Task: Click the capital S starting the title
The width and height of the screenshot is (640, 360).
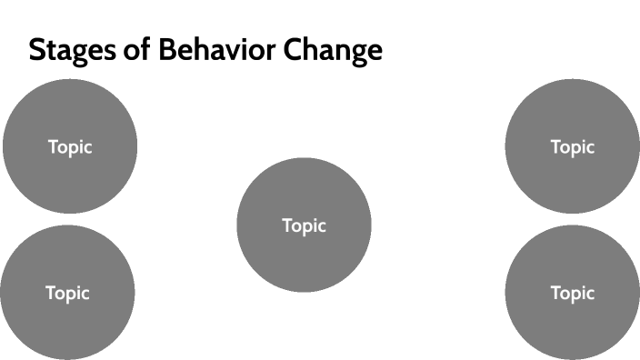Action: [37, 50]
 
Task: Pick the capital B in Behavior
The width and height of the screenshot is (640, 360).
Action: [166, 50]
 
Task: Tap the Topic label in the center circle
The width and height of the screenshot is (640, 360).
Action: [304, 225]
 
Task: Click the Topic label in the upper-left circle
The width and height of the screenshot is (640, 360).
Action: [70, 146]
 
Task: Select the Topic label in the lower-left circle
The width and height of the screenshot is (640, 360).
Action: [67, 293]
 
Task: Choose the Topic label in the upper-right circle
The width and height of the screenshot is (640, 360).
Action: [573, 146]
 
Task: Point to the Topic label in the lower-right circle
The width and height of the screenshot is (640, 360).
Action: [573, 293]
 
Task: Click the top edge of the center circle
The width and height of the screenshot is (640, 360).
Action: [304, 159]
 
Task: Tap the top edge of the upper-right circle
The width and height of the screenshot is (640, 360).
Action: [573, 80]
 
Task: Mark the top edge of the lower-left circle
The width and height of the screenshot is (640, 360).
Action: [67, 226]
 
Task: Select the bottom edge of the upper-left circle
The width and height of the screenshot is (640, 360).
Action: [70, 213]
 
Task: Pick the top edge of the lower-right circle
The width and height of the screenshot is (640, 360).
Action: [573, 226]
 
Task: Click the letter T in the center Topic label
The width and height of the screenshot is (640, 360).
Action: [287, 225]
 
